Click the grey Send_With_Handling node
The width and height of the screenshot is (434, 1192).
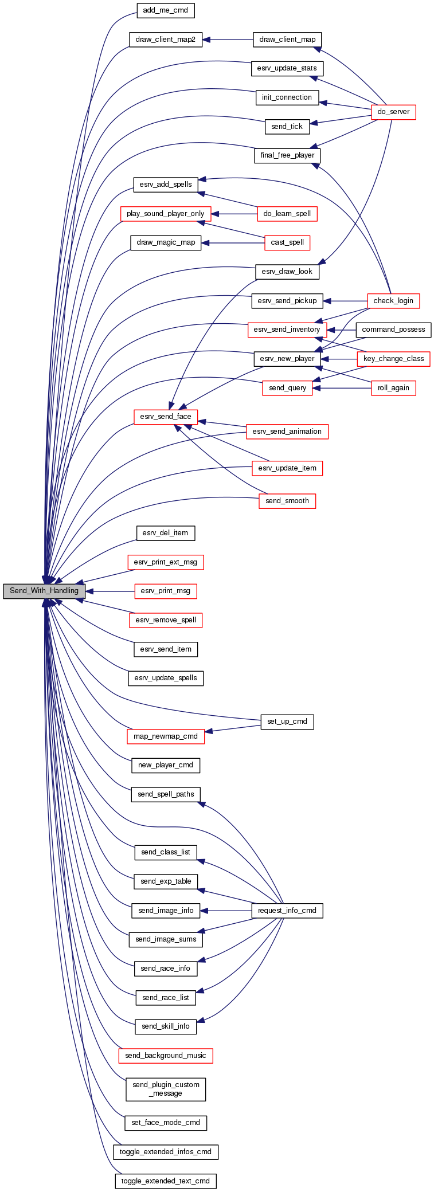(44, 591)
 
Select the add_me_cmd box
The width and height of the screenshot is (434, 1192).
(165, 10)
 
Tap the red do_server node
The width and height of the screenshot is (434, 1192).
(393, 112)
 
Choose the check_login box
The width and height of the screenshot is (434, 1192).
(393, 301)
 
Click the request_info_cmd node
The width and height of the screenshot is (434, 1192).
(287, 911)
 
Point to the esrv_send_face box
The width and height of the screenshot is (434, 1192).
(166, 417)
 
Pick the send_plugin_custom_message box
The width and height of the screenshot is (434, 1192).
(166, 1089)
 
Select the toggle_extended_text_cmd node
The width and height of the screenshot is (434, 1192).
(166, 1181)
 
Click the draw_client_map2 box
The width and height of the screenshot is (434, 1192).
(166, 40)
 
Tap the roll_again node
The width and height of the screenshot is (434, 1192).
(393, 388)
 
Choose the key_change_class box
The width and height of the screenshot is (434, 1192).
(393, 359)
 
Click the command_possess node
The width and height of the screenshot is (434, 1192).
(393, 330)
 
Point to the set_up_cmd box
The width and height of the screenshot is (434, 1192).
(287, 722)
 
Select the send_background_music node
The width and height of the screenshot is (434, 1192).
(166, 1056)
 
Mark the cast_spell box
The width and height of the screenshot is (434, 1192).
(287, 242)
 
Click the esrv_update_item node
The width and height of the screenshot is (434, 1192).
(287, 468)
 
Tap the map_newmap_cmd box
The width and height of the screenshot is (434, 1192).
(166, 736)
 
